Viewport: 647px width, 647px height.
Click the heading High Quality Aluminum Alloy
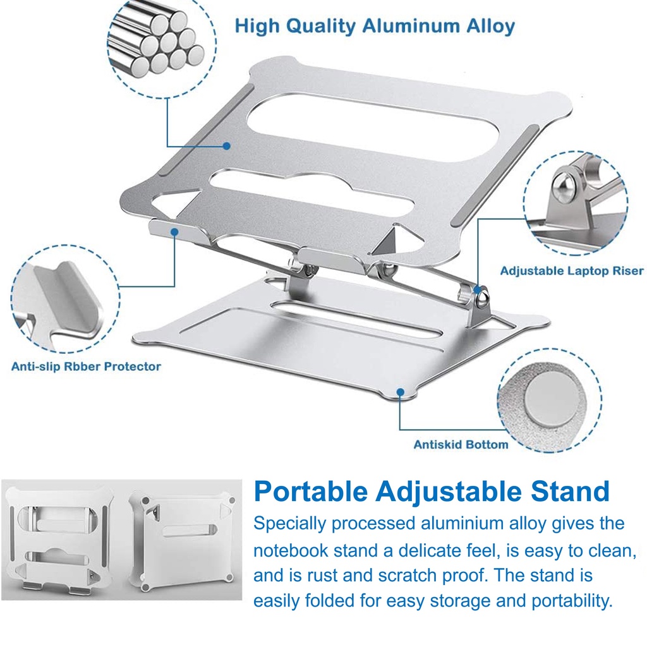pyautogui.click(x=375, y=26)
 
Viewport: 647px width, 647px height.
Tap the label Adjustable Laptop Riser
pyautogui.click(x=572, y=271)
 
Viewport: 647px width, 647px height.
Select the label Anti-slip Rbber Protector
pyautogui.click(x=86, y=366)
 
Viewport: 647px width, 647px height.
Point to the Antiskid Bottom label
pyautogui.click(x=461, y=444)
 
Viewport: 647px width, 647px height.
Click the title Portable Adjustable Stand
pyautogui.click(x=432, y=491)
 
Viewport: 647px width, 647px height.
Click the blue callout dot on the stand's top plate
pyautogui.click(x=226, y=146)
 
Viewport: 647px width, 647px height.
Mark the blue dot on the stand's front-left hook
pyautogui.click(x=174, y=232)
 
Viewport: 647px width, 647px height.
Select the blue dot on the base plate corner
pyautogui.click(x=400, y=392)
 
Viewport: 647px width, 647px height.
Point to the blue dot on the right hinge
pyautogui.click(x=478, y=289)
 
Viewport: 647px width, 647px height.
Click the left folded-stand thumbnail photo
pyautogui.click(x=61, y=540)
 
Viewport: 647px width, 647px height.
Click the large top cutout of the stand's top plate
pyautogui.click(x=373, y=127)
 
